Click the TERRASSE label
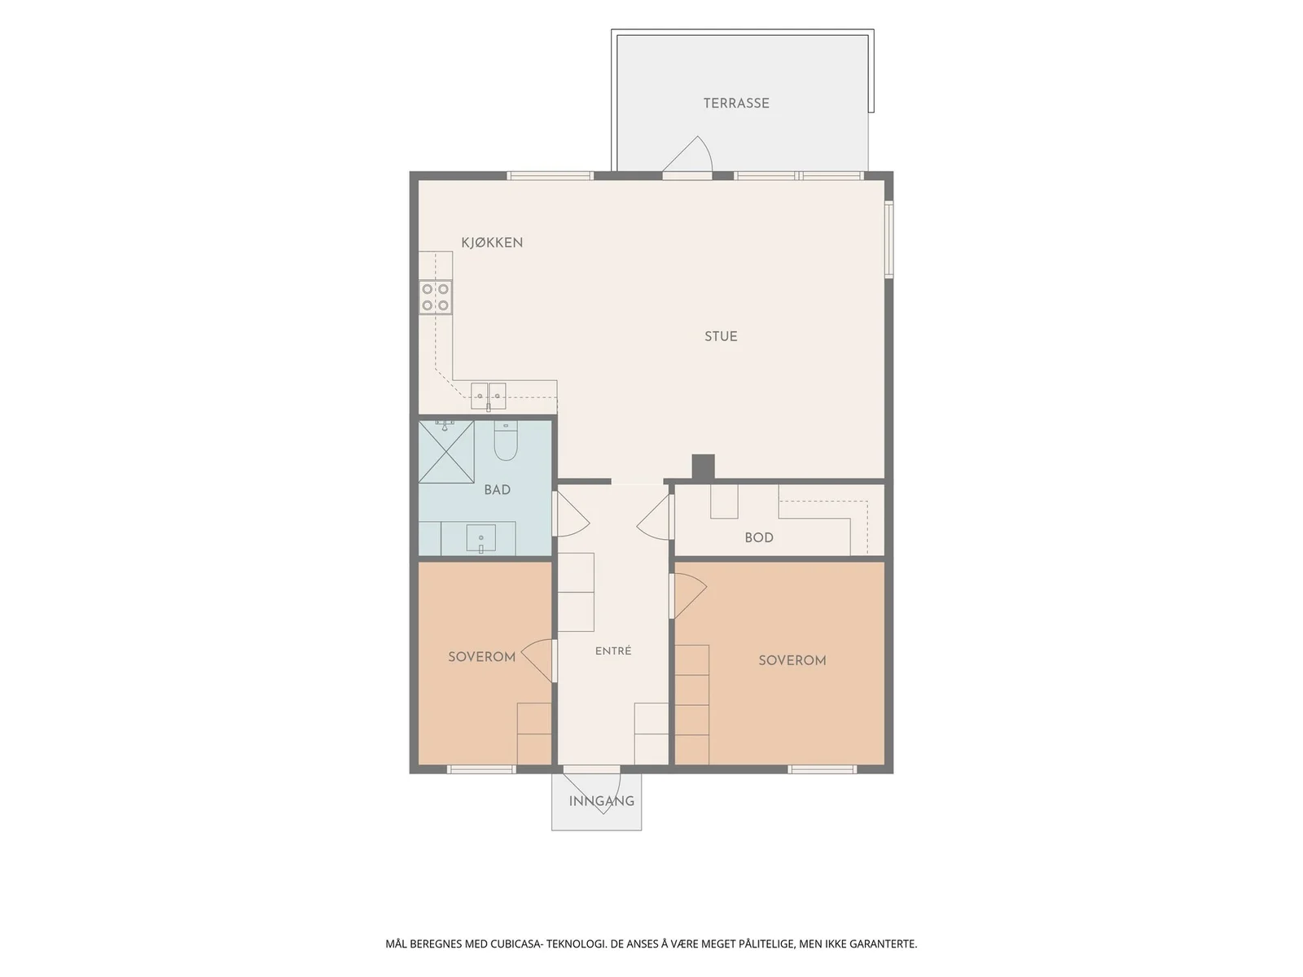[x=736, y=103]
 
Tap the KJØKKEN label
[x=492, y=242]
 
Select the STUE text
[x=721, y=336]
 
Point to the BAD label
[x=497, y=490]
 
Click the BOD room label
[x=759, y=537]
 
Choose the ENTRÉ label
[x=613, y=651]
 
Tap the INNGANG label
[x=601, y=801]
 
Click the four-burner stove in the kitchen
[x=435, y=297]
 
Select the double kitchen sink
[x=489, y=396]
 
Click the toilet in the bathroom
[x=506, y=440]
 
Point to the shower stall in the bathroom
[x=446, y=452]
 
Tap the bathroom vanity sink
[x=480, y=539]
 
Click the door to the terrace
[x=687, y=156]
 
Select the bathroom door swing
[x=571, y=515]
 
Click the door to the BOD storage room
[x=656, y=517]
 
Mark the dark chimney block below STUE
[x=704, y=467]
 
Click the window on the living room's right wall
[x=889, y=239]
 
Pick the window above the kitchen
[x=550, y=176]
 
